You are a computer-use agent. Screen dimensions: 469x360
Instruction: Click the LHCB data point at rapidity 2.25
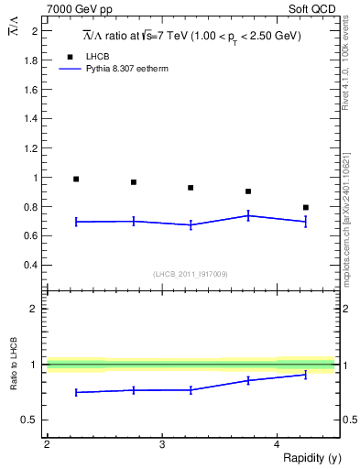tap(76, 179)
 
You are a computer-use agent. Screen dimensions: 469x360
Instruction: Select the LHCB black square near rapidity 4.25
tap(306, 207)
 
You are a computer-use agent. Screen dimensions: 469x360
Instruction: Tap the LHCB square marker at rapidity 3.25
tap(191, 188)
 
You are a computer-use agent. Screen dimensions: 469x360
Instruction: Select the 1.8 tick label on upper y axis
tap(31, 60)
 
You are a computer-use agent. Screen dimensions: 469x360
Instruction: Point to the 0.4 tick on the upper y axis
tap(31, 266)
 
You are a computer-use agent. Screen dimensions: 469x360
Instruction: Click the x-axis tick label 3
tap(162, 444)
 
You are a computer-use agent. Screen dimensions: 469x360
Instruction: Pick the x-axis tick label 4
tap(278, 444)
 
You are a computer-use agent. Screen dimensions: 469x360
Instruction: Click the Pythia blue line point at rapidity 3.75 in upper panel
tap(248, 215)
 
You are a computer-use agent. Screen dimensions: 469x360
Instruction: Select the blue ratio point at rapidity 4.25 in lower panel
tap(306, 374)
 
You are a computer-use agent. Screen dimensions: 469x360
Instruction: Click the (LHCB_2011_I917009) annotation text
tap(191, 273)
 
